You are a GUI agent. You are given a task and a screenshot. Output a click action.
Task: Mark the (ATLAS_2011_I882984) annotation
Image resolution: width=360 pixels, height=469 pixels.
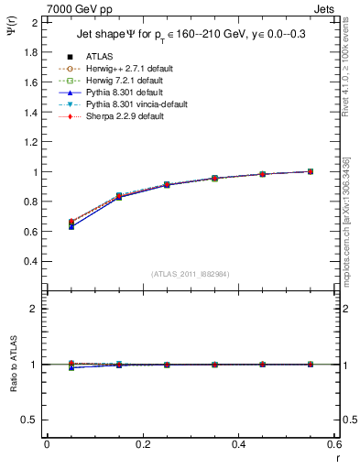click(190, 274)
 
